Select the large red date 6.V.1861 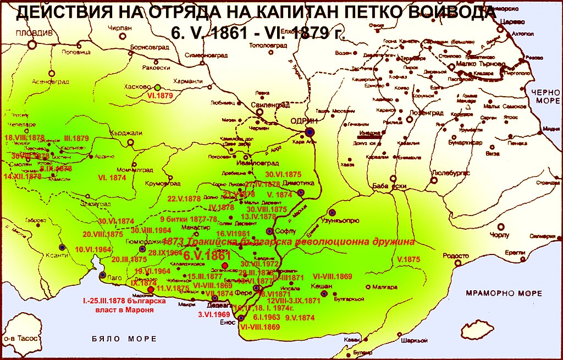(x=207, y=256)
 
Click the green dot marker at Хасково (x=157, y=87)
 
